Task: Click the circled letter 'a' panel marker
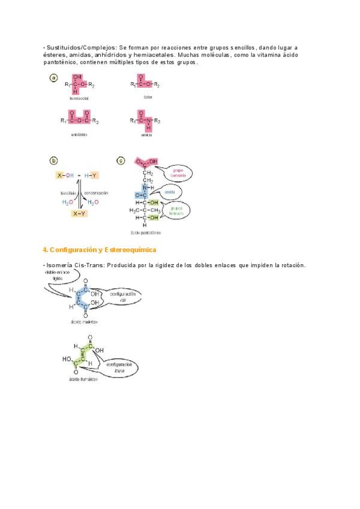tap(54, 78)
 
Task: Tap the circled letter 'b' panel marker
tap(54, 160)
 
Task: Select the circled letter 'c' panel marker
tap(121, 160)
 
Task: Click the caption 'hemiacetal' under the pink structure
tap(79, 98)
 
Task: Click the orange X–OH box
tap(64, 175)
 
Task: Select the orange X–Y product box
tap(79, 213)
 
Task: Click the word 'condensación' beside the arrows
tap(96, 193)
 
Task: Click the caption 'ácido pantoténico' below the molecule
tap(145, 232)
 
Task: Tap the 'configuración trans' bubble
tap(119, 367)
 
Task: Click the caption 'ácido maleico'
tap(83, 322)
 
